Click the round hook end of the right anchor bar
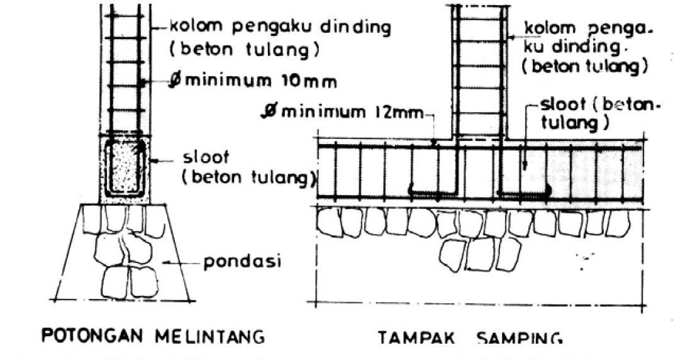pos(548,188)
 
